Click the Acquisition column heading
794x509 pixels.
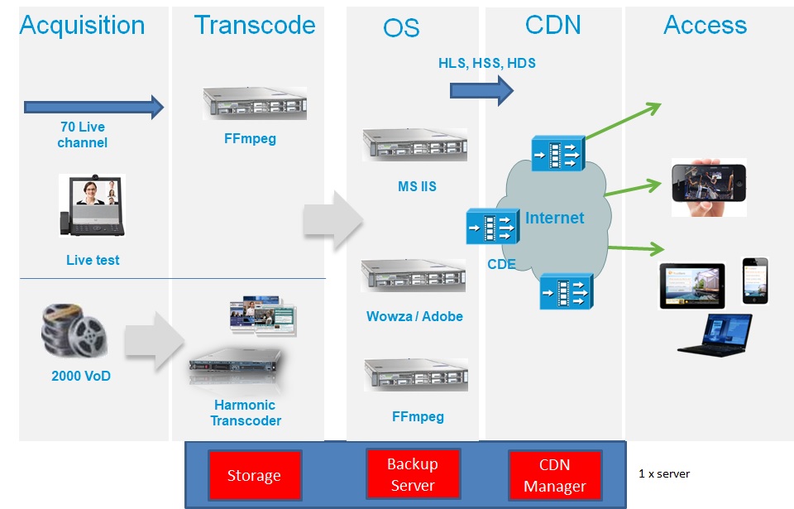82,26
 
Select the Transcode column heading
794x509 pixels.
255,25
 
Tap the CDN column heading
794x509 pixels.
552,25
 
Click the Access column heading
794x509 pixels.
705,25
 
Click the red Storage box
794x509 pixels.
253,475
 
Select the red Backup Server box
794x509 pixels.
412,474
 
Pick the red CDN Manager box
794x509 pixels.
554,475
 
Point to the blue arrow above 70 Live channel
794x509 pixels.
94,106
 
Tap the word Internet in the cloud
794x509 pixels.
555,218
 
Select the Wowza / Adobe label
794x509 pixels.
414,316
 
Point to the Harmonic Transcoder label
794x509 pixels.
245,413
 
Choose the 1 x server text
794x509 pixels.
663,474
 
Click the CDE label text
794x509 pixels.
502,265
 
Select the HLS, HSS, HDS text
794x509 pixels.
486,63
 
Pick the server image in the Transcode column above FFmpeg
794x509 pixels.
255,104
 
